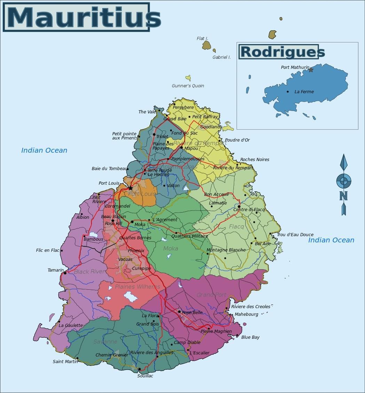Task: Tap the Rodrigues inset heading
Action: coord(282,52)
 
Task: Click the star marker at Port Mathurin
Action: coord(311,70)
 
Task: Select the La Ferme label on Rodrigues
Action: coord(304,92)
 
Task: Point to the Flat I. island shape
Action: coord(206,45)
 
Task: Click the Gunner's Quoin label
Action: coord(188,86)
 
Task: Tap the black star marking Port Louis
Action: coord(130,188)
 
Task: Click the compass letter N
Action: coord(343,196)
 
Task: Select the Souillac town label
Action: coord(145,376)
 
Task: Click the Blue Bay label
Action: coord(250,337)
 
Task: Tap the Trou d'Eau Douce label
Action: coord(295,235)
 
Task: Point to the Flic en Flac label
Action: coord(48,250)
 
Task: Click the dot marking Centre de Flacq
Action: coord(239,207)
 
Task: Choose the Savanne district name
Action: coord(105,342)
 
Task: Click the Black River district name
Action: coord(89,272)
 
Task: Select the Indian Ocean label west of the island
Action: coord(44,150)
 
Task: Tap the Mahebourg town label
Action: coord(246,314)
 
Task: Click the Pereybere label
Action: coord(183,107)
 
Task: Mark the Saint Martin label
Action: coord(65,361)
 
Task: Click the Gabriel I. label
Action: coord(222,57)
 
